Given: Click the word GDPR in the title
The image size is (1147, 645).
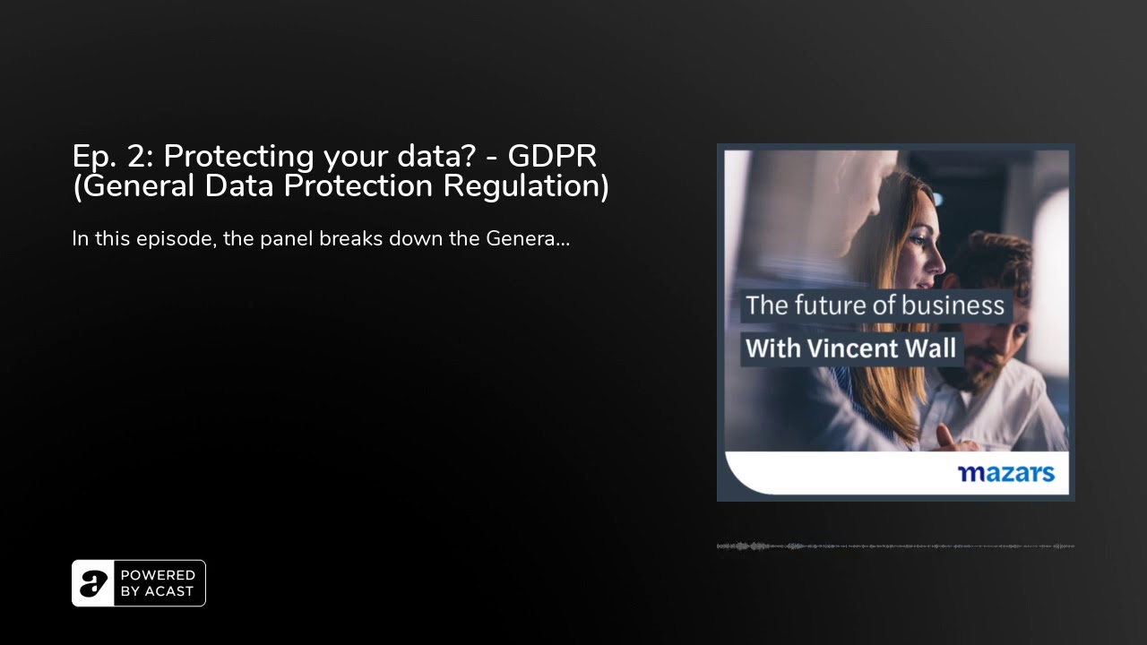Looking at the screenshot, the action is click(x=552, y=156).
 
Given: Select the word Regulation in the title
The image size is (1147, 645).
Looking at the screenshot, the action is click(x=526, y=186).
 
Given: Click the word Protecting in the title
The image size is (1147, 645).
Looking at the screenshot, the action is click(x=238, y=158).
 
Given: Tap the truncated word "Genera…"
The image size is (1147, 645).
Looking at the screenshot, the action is click(x=528, y=238).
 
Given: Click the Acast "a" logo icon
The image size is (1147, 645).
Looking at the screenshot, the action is click(x=93, y=583).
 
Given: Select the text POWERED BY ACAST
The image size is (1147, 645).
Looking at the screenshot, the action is click(x=158, y=583).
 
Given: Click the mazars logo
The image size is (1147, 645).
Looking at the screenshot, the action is click(x=1006, y=474).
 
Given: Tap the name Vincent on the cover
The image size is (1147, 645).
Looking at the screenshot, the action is click(x=851, y=348).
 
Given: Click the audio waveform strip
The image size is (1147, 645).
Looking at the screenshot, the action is click(x=895, y=546).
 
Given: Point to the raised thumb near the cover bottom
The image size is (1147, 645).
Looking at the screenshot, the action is click(x=944, y=436).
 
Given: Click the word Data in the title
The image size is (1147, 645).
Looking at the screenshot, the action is click(x=239, y=185).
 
